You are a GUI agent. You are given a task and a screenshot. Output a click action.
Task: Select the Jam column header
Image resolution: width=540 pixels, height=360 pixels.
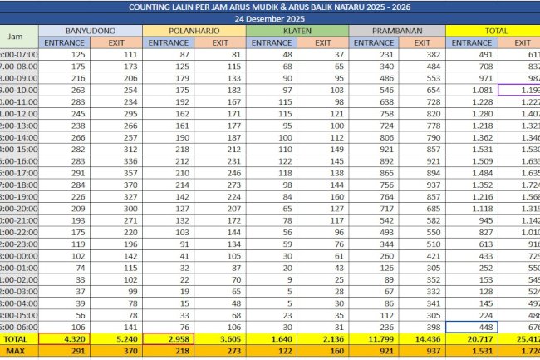point(16,37)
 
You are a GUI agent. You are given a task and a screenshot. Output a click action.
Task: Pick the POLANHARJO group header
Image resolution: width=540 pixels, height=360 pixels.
point(194,30)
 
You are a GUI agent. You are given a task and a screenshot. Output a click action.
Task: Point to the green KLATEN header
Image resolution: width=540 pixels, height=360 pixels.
point(297,30)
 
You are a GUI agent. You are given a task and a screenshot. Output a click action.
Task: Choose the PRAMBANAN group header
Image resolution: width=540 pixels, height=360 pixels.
point(397,30)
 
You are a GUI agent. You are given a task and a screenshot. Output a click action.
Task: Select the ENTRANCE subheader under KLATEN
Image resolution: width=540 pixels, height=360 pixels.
point(271,42)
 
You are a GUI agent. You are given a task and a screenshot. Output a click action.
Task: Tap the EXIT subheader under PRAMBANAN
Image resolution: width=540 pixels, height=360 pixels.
point(423,42)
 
